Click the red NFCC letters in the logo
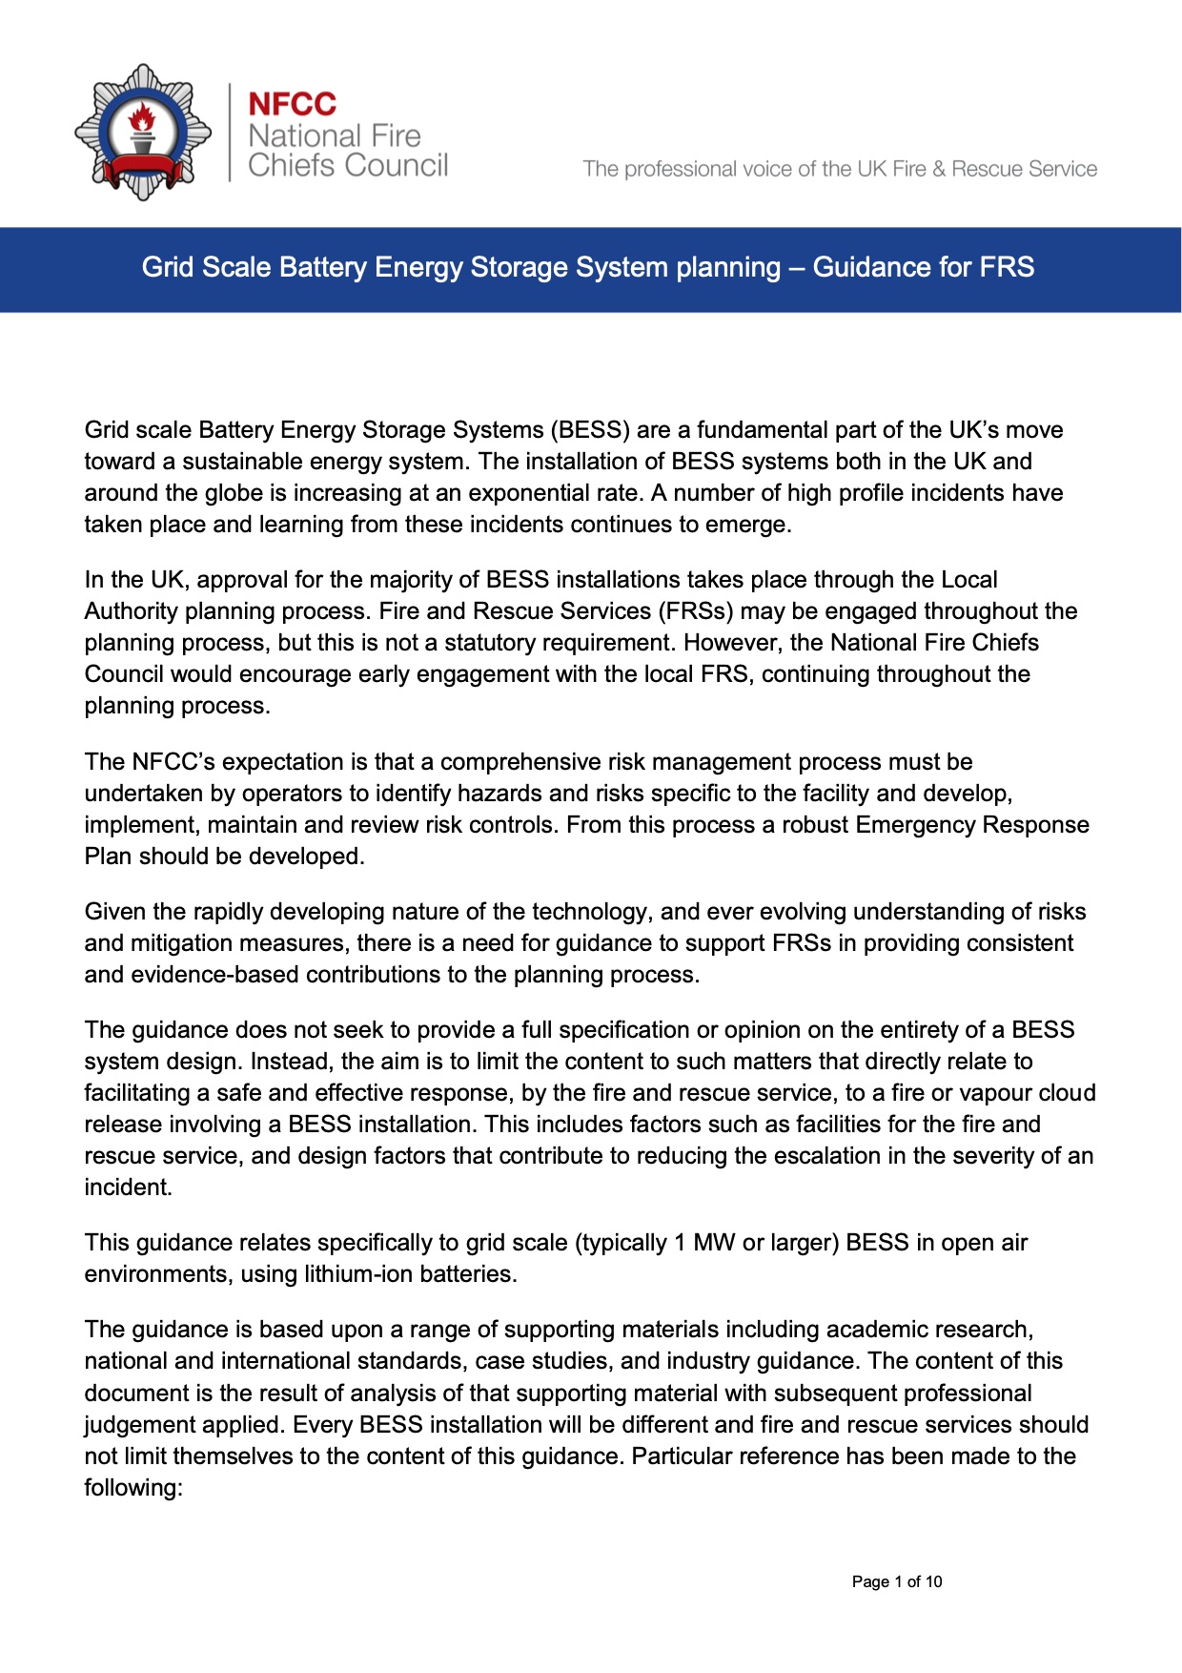coord(292,104)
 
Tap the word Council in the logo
coord(396,166)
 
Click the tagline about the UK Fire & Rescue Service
coord(839,169)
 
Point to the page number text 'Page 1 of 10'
coord(896,1581)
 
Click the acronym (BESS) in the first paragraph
coord(590,430)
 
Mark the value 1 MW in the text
coord(704,1243)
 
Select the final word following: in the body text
coord(132,1488)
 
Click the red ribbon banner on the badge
coord(143,172)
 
